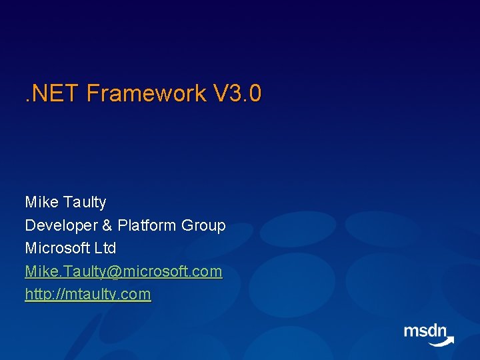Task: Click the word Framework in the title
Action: click(x=146, y=93)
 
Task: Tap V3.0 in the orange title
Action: click(x=237, y=93)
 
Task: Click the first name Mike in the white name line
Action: click(x=41, y=202)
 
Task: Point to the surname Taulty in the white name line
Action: click(x=85, y=203)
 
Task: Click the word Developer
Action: click(x=61, y=226)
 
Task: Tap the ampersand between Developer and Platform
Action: click(x=107, y=225)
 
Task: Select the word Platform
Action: click(x=147, y=225)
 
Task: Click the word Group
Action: click(x=203, y=226)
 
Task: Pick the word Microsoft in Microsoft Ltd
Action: click(x=57, y=247)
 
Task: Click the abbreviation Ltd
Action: click(x=105, y=247)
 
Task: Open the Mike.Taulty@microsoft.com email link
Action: click(x=124, y=271)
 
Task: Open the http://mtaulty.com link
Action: click(x=88, y=294)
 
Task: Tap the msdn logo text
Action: click(x=425, y=331)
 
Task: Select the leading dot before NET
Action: click(x=27, y=100)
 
